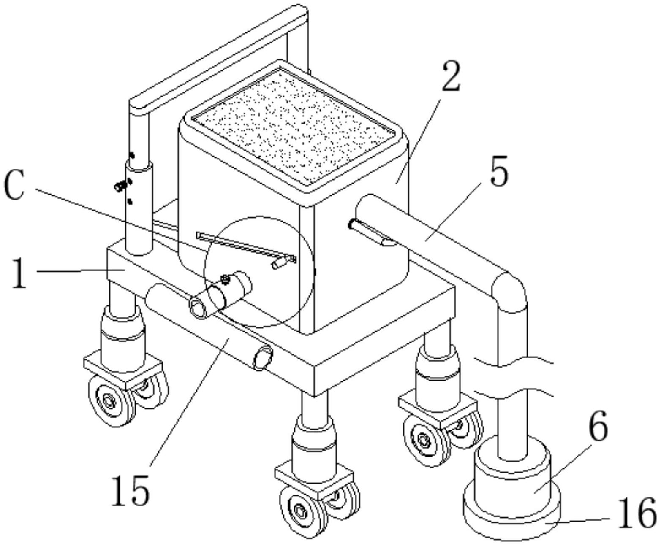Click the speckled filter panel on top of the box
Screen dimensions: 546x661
[x=293, y=126]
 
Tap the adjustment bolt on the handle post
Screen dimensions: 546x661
[x=120, y=185]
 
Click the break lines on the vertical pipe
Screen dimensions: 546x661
[x=513, y=377]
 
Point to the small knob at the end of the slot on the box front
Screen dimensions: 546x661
[x=277, y=263]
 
